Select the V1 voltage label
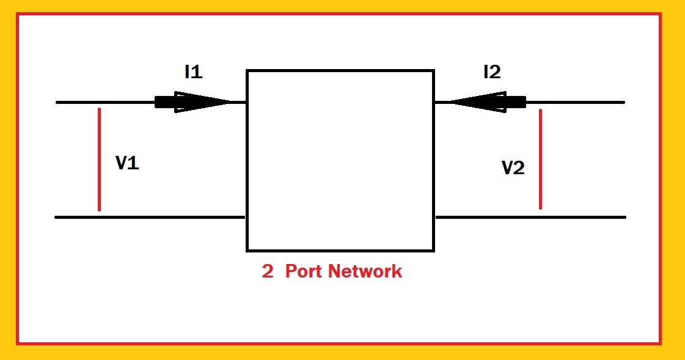click(x=127, y=163)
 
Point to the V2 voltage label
click(x=513, y=168)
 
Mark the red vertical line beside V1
click(x=98, y=159)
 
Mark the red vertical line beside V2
click(x=540, y=159)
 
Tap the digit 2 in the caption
click(x=267, y=272)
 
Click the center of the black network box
click(x=340, y=161)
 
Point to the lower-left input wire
click(x=150, y=217)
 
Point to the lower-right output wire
click(x=530, y=217)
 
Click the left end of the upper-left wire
click(x=57, y=102)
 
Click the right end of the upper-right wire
click(x=623, y=102)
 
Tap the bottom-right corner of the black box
click(x=433, y=250)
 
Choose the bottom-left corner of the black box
click(x=247, y=250)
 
